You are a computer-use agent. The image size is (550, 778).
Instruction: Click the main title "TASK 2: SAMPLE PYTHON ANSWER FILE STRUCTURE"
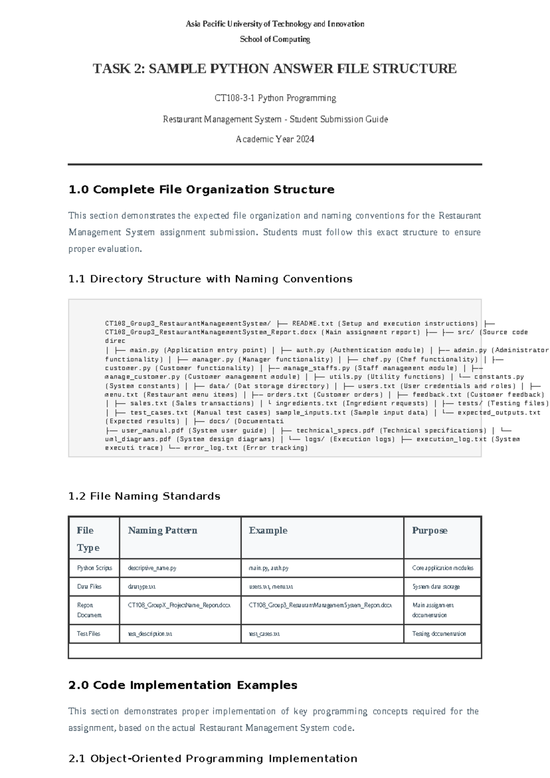tap(275, 69)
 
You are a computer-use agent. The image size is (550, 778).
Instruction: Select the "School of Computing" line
tap(275, 39)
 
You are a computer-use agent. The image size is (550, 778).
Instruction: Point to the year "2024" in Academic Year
tap(305, 139)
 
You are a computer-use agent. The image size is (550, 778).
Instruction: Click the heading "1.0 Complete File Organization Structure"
tap(201, 190)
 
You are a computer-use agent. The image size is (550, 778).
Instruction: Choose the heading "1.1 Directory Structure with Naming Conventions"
tap(210, 279)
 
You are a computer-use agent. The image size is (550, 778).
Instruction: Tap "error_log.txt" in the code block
tap(211, 448)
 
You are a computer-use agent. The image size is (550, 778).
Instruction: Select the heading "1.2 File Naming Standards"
tap(144, 497)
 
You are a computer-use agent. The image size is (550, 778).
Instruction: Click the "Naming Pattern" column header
tap(163, 530)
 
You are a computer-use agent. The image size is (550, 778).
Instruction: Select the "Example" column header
tap(268, 530)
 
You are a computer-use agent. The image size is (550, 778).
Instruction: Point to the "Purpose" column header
tap(429, 530)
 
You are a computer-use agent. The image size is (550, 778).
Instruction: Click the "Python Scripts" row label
tap(94, 568)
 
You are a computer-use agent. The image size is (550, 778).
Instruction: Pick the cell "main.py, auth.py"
tap(269, 568)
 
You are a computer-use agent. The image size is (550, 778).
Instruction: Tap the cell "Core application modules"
tap(443, 568)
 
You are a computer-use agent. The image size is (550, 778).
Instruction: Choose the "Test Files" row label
tap(88, 634)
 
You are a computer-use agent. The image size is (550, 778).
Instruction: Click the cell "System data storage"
tap(436, 587)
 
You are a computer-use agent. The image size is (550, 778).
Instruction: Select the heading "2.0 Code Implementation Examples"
tap(183, 685)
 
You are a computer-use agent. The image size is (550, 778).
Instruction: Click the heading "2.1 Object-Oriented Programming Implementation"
tap(213, 759)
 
